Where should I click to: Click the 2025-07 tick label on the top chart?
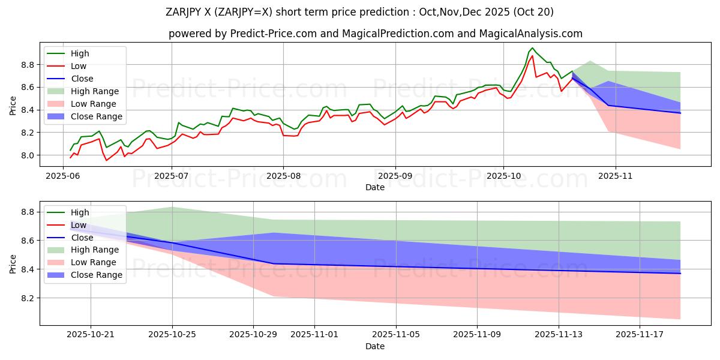click(x=172, y=177)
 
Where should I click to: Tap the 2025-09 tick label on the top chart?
click(x=395, y=177)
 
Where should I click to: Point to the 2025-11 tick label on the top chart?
click(x=615, y=177)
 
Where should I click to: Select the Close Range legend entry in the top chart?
click(x=97, y=116)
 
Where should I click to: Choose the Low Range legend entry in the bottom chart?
click(x=94, y=262)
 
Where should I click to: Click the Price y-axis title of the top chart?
click(x=13, y=106)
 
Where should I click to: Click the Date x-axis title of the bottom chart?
click(x=375, y=347)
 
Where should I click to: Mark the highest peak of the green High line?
click(x=532, y=48)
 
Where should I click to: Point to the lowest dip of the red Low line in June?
click(x=107, y=160)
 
